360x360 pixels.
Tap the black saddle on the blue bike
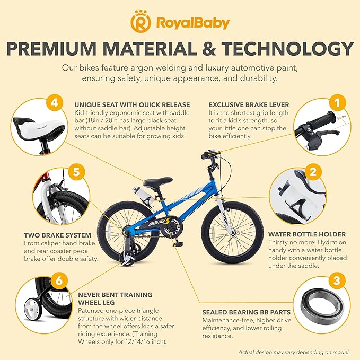pyautogui.click(x=158, y=182)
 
